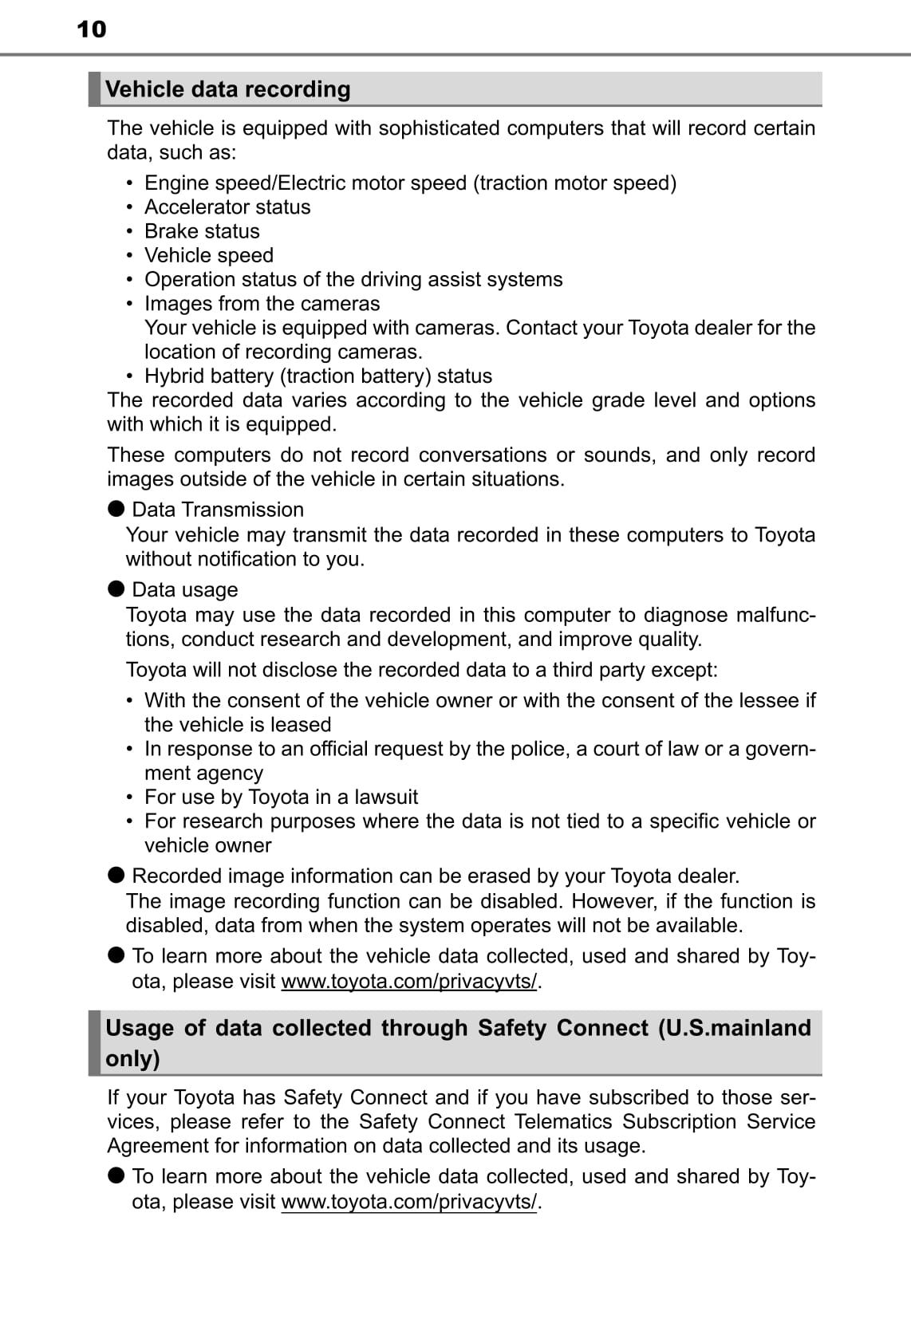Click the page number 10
[x=91, y=30]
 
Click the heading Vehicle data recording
[x=228, y=89]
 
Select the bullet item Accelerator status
[x=227, y=207]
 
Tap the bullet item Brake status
[x=202, y=231]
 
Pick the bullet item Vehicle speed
[x=209, y=255]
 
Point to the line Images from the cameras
[x=262, y=304]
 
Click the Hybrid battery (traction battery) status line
[x=317, y=376]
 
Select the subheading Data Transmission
[x=218, y=510]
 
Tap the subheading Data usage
[x=185, y=589]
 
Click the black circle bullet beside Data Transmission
[x=116, y=509]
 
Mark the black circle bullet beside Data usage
[x=116, y=589]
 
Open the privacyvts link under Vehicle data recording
[x=409, y=981]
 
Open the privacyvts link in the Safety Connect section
[x=409, y=1201]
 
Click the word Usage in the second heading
[x=139, y=1028]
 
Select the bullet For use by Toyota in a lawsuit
[x=281, y=797]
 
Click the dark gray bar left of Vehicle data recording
[x=95, y=89]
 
